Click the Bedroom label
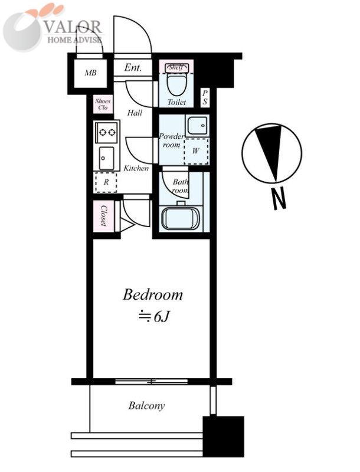(x=153, y=294)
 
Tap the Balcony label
(x=146, y=405)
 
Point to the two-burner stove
(x=107, y=132)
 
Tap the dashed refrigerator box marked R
(x=106, y=182)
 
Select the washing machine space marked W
(x=196, y=151)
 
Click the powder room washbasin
(x=197, y=126)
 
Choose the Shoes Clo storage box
(x=103, y=104)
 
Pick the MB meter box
(x=90, y=73)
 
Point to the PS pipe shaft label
(x=205, y=97)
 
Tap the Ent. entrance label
(x=133, y=67)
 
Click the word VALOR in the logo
(x=73, y=27)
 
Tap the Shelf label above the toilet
(x=175, y=67)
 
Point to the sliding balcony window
(x=152, y=382)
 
